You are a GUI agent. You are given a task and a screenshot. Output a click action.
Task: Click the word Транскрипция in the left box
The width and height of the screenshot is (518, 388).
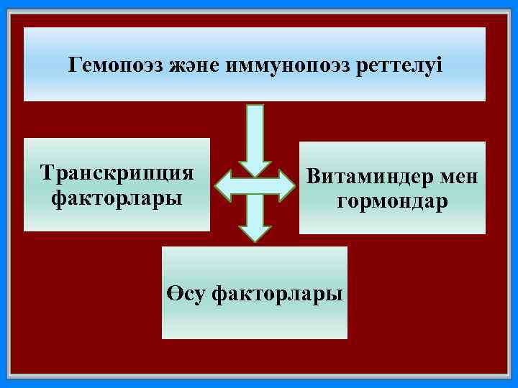click(117, 173)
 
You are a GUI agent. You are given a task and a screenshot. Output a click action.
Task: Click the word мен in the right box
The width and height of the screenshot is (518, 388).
click(458, 177)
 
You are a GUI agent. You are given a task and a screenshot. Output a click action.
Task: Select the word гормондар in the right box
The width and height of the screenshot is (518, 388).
click(393, 202)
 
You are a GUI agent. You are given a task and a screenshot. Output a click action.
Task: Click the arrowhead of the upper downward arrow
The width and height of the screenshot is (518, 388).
click(255, 167)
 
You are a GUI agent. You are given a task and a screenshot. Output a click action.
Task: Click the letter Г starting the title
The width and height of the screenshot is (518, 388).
click(75, 66)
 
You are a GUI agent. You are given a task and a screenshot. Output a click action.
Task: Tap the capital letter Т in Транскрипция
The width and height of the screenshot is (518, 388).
click(48, 173)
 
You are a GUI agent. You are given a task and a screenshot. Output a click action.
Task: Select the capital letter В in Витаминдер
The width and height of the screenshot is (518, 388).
click(313, 177)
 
